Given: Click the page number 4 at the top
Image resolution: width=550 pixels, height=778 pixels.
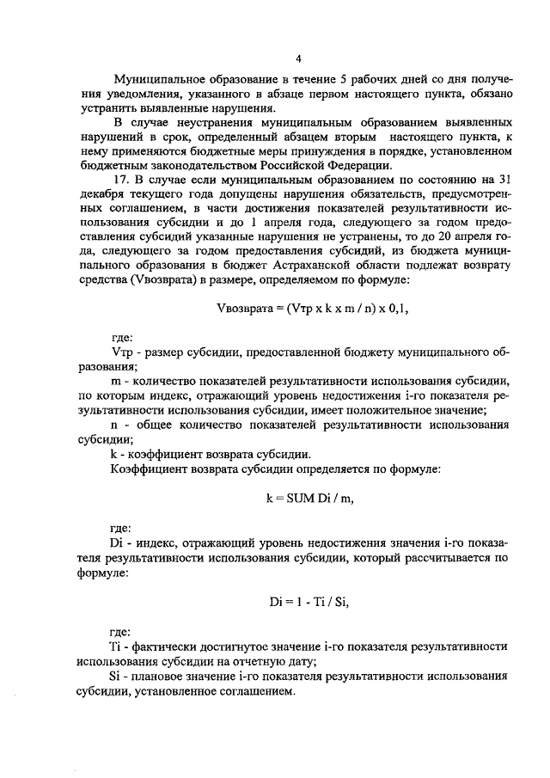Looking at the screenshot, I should (x=297, y=59).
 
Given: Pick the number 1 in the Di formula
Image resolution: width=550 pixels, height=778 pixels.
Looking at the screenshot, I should (x=296, y=601).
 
